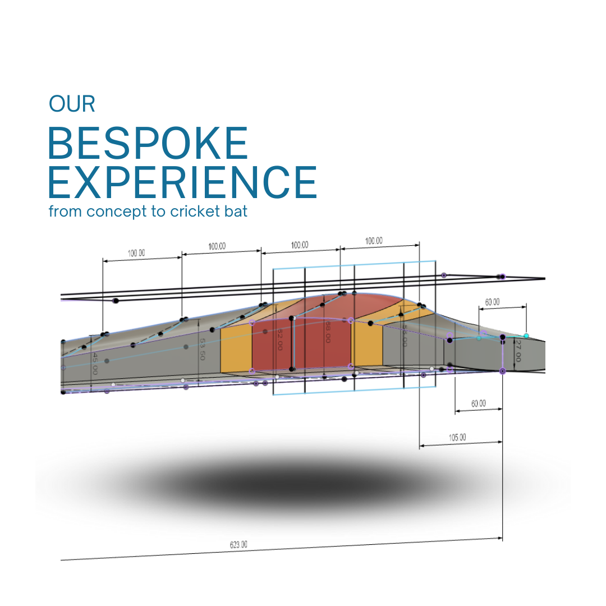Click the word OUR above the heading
click(72, 104)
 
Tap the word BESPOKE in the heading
click(148, 144)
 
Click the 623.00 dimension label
click(238, 544)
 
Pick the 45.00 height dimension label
click(95, 364)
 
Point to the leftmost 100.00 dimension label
click(136, 253)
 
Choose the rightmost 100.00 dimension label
click(374, 241)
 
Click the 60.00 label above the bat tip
click(492, 302)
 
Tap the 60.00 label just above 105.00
click(478, 403)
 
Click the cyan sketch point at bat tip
click(526, 336)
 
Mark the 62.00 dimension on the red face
click(279, 340)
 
